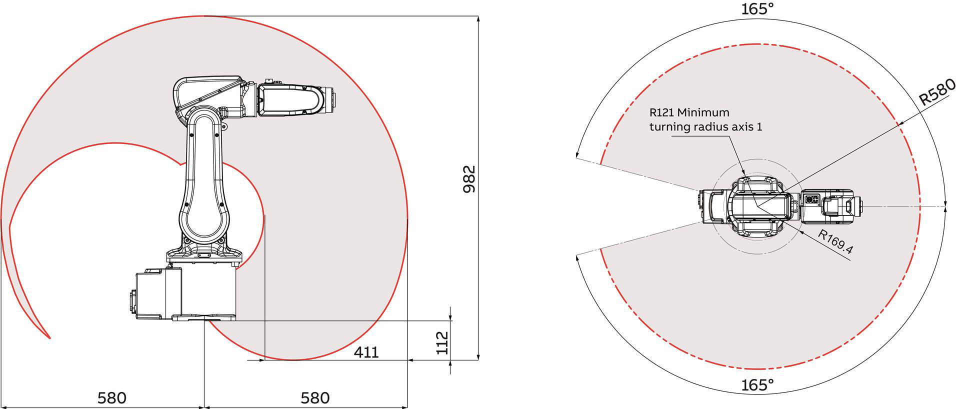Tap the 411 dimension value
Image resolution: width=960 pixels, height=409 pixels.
[x=366, y=352]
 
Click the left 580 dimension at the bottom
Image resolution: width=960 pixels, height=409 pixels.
[x=112, y=398]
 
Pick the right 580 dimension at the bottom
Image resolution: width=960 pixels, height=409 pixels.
[x=315, y=398]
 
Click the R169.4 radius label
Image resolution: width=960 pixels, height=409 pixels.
[x=835, y=242]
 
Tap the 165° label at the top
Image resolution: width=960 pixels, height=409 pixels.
[x=757, y=8]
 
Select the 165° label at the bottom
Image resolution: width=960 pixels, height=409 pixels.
[x=757, y=385]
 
